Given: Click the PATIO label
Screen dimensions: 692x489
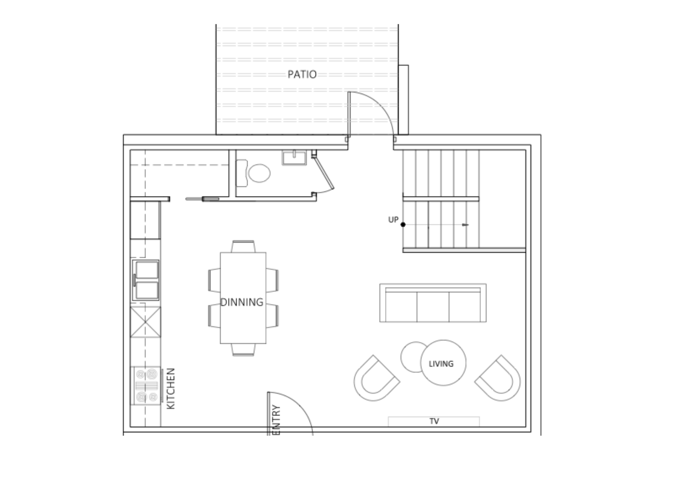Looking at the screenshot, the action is tap(302, 74).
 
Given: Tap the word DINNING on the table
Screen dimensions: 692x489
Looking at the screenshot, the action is tap(242, 302).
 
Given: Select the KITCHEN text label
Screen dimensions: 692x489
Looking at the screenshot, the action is tap(171, 389).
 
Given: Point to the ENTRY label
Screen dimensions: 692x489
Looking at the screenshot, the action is tap(276, 420).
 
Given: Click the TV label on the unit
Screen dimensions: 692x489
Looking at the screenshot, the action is tap(434, 421).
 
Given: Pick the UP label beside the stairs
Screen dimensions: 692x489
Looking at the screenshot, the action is tap(393, 220).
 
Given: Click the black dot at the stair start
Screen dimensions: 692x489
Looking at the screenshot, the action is tap(403, 224).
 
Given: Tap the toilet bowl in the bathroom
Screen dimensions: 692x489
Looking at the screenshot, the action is tap(259, 173).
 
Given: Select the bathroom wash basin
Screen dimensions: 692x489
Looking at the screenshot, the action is tap(294, 158).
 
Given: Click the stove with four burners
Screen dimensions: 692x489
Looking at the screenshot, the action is tap(146, 386).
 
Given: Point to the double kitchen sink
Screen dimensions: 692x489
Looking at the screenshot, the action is tap(146, 280).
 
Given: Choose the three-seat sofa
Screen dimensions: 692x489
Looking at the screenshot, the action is tap(433, 303).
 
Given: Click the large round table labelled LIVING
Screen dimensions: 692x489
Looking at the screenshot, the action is tap(443, 363).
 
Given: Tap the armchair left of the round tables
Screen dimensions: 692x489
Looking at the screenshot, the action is tap(376, 378).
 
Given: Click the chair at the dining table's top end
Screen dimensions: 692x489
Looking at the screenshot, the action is tap(243, 246).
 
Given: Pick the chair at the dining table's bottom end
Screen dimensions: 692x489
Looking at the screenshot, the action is tap(243, 350).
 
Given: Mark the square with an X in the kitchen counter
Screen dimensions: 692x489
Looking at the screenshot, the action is tap(145, 322).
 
